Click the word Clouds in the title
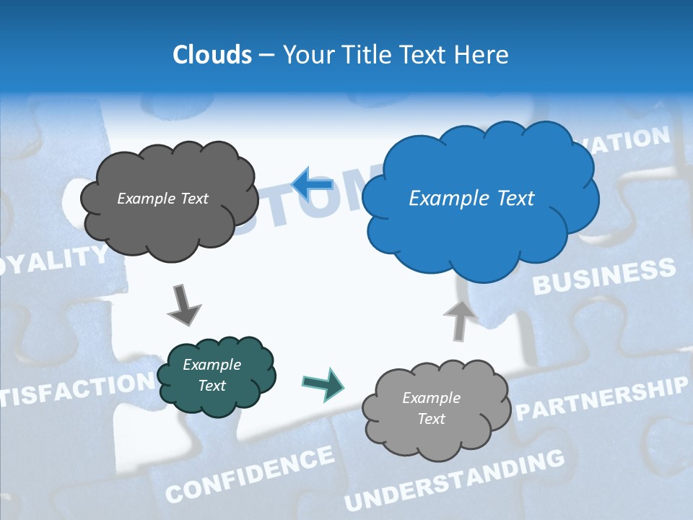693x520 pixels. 212,55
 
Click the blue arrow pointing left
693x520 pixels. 313,184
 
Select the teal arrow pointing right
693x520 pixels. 323,383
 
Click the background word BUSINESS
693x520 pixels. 603,277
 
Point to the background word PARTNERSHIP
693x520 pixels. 601,399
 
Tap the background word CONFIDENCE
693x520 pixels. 250,474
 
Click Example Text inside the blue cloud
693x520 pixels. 471,199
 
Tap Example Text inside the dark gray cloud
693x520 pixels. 162,199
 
